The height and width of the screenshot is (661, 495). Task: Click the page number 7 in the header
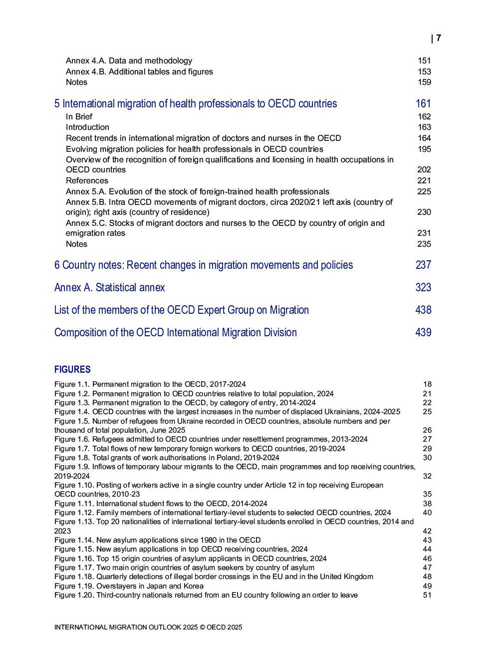pos(438,38)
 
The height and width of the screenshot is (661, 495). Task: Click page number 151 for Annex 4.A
pos(424,60)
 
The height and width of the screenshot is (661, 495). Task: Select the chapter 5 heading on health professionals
pos(196,103)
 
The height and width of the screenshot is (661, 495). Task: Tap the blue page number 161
pos(423,103)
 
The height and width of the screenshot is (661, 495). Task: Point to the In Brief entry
pos(79,116)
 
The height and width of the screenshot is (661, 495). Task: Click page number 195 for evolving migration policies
pos(424,149)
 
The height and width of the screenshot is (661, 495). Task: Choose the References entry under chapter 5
pos(87,180)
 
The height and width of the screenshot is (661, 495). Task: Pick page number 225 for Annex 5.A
pos(424,191)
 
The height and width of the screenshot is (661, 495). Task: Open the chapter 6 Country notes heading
pos(204,265)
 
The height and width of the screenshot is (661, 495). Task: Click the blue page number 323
pos(423,287)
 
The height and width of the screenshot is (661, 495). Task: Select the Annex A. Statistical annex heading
pos(110,287)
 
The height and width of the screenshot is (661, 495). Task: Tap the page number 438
pos(423,310)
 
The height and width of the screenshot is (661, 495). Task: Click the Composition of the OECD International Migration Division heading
pos(176,332)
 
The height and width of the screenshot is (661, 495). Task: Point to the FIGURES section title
pos(72,369)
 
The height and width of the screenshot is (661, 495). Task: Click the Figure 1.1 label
pos(72,384)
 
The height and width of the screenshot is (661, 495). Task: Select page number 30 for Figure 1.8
pos(427,458)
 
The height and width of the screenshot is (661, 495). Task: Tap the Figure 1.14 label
pos(74,540)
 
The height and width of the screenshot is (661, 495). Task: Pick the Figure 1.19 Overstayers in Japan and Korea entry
pos(129,586)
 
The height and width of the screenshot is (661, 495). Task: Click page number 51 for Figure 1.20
pos(427,595)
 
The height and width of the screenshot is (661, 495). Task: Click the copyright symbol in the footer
pos(202,627)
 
